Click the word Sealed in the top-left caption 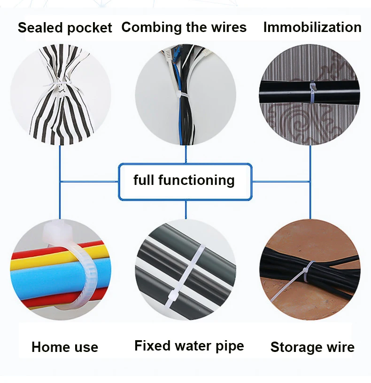tap(39, 28)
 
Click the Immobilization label tap(312, 27)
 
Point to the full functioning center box tap(185, 181)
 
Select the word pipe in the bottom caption tap(230, 347)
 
